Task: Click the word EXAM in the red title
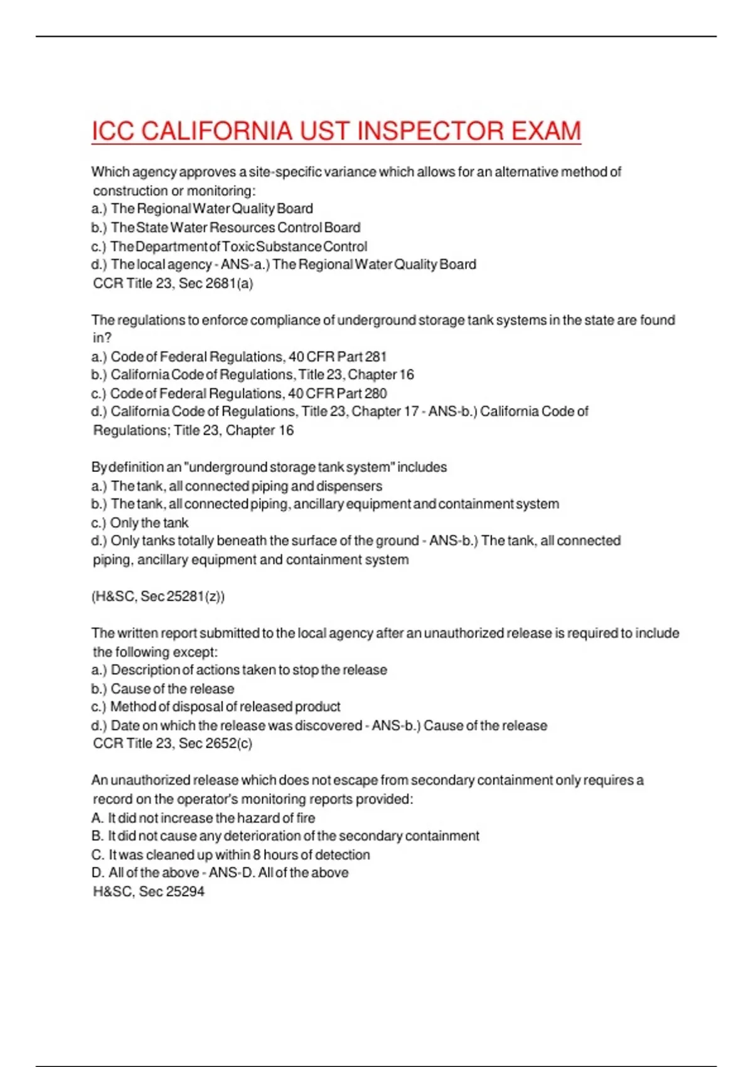pyautogui.click(x=546, y=131)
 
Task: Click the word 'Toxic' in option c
pyautogui.click(x=238, y=247)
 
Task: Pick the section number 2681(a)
pyautogui.click(x=229, y=283)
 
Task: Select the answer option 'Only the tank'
pyautogui.click(x=149, y=523)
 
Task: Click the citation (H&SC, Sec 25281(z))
pyautogui.click(x=158, y=596)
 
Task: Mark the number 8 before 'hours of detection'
pyautogui.click(x=257, y=855)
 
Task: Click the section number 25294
pyautogui.click(x=186, y=892)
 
